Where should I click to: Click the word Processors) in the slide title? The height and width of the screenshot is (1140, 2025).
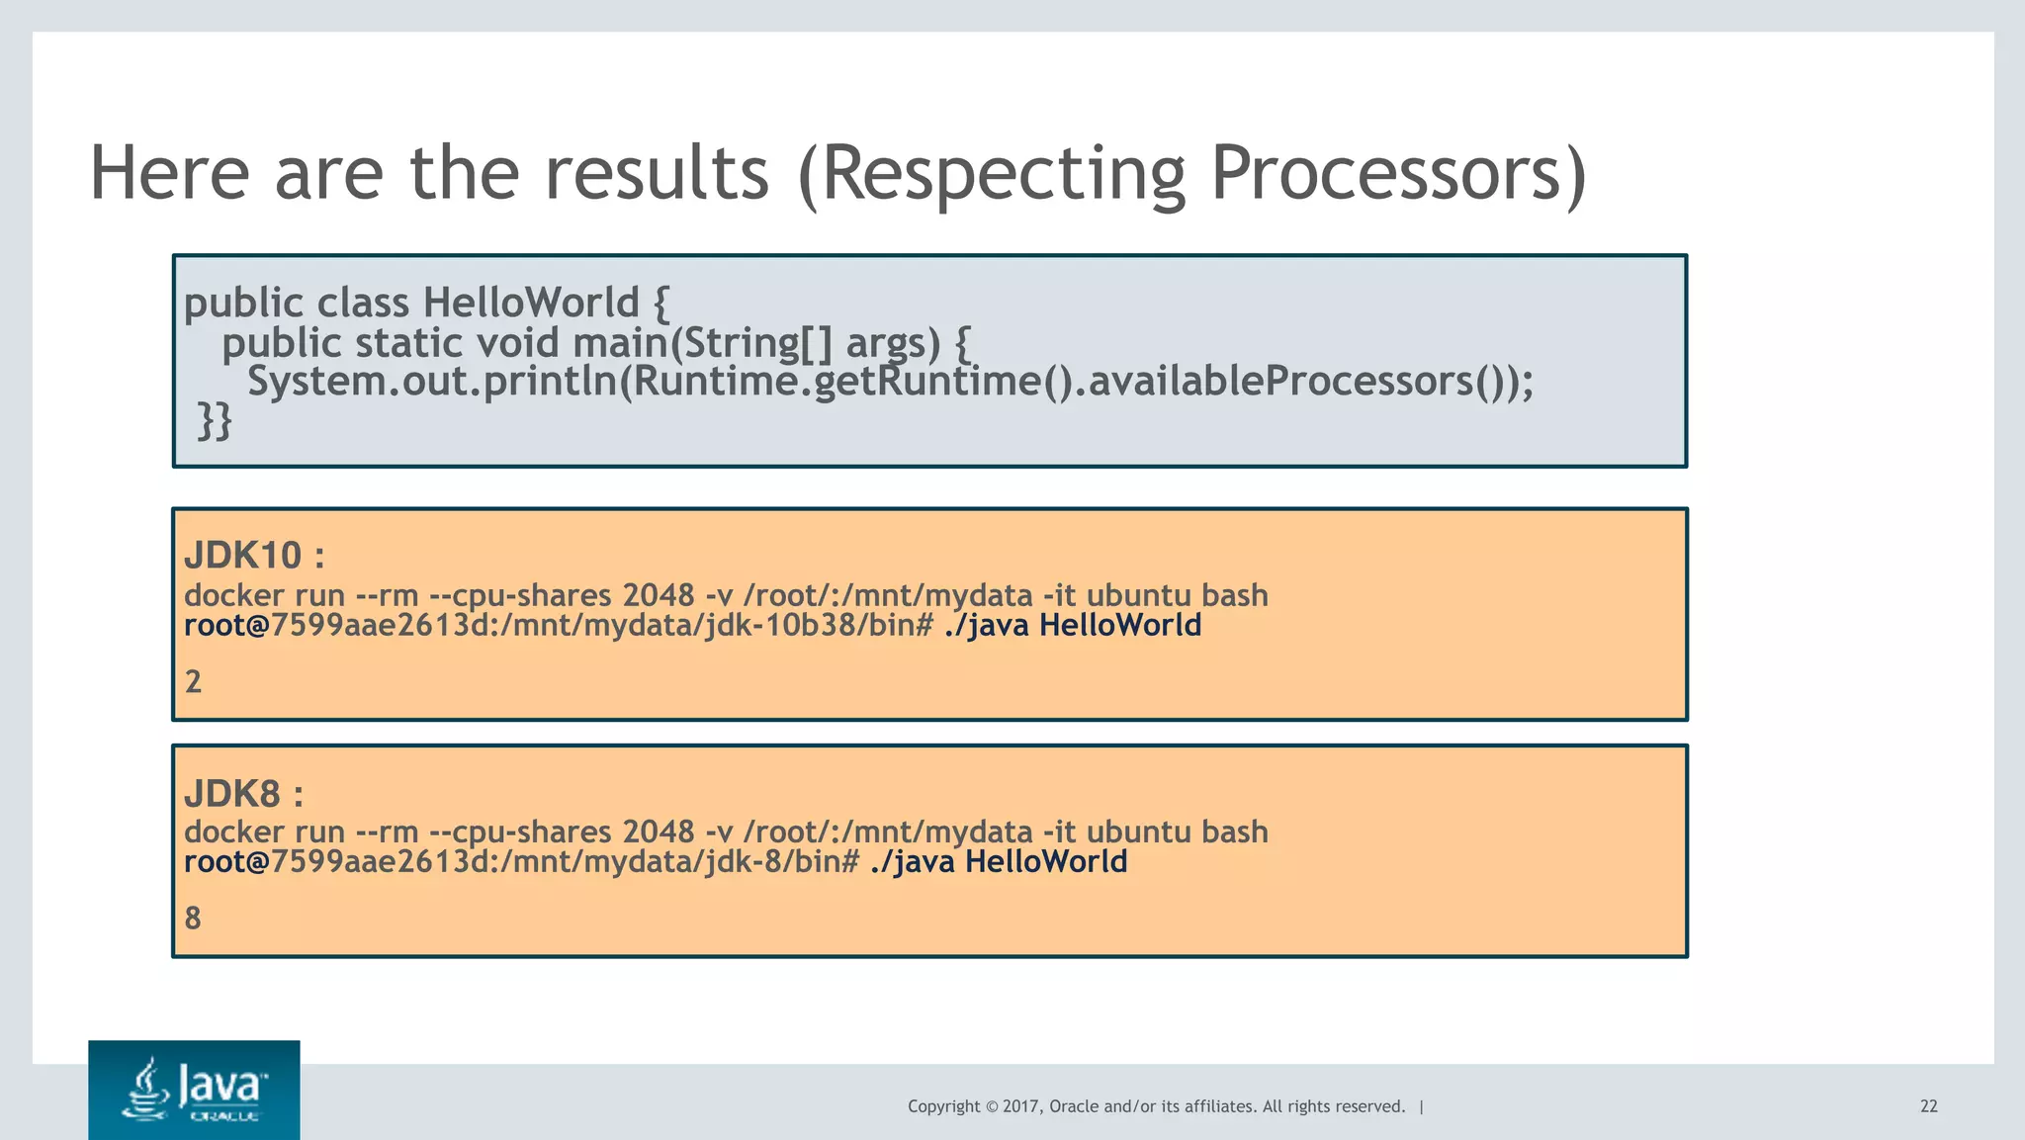[x=1397, y=174]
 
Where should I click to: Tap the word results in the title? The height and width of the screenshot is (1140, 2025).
[x=657, y=174]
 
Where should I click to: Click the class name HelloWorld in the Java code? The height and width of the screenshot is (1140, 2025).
[x=531, y=304]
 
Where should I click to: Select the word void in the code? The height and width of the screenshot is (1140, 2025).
[x=518, y=343]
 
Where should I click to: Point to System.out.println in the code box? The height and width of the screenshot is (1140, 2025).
[x=432, y=382]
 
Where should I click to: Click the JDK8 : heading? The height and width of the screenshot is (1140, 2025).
[x=243, y=794]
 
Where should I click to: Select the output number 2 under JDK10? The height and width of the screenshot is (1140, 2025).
[x=194, y=682]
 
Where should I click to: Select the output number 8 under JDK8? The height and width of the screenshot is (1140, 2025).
[x=194, y=919]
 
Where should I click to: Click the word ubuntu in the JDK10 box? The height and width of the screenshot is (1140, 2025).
[x=1138, y=596]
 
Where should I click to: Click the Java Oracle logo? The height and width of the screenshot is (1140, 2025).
[x=194, y=1090]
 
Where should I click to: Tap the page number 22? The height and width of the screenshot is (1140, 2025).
[x=1928, y=1106]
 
